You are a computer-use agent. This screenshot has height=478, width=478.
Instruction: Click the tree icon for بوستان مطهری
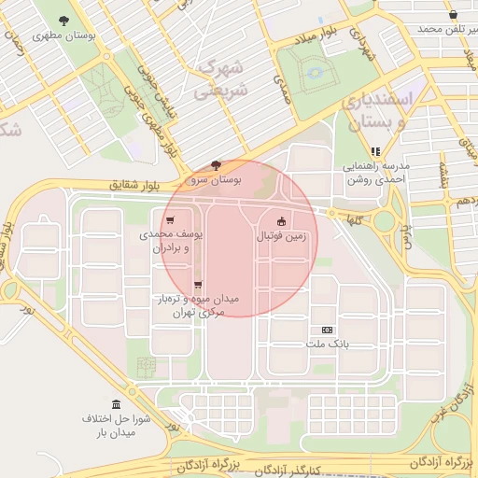coord(63,20)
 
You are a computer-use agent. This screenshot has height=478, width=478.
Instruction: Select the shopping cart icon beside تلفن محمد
coord(453,15)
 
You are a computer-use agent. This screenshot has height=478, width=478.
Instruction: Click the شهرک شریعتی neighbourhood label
coord(221,79)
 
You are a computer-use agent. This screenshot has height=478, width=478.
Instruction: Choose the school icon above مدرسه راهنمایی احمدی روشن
coord(375,151)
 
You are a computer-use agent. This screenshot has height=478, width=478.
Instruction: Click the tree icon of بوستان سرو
coord(218,163)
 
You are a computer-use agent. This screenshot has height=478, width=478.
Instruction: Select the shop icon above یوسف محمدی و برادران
coord(168,220)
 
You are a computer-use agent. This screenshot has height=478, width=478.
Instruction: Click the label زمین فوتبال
coord(282,237)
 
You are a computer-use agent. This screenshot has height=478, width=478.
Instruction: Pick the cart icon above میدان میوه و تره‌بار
coord(197,285)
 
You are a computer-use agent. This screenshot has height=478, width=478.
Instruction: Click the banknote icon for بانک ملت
coord(327,330)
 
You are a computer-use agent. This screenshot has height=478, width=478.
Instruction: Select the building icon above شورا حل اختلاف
coord(116,404)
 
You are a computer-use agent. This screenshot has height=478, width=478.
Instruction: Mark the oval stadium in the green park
coord(315,70)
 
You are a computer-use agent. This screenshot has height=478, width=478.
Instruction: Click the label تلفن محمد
coord(441,30)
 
